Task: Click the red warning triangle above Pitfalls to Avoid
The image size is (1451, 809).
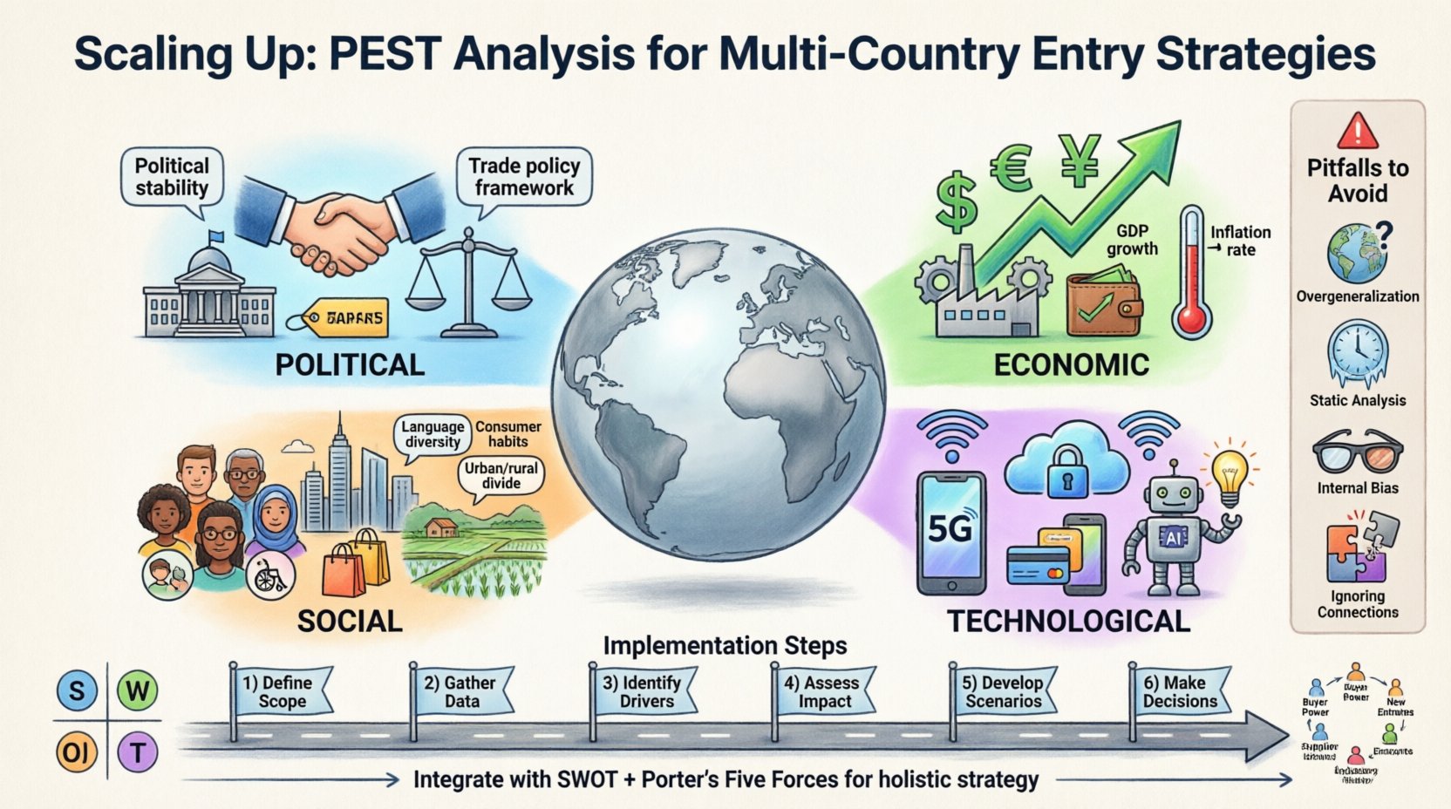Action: pyautogui.click(x=1357, y=131)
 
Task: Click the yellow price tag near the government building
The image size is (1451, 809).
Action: pyautogui.click(x=347, y=318)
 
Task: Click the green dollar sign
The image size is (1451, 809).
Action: pyautogui.click(x=956, y=201)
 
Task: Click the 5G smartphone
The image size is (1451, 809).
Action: pyautogui.click(x=950, y=532)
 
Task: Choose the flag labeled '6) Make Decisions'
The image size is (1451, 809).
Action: pyautogui.click(x=1180, y=692)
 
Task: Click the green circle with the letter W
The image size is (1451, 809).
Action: pyautogui.click(x=137, y=691)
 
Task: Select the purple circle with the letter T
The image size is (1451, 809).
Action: pyautogui.click(x=137, y=751)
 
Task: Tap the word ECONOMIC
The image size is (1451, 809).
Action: pyautogui.click(x=1071, y=364)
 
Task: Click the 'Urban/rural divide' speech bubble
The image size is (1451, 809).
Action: pyautogui.click(x=501, y=476)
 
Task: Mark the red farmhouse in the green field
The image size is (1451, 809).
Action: pyautogui.click(x=442, y=527)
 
